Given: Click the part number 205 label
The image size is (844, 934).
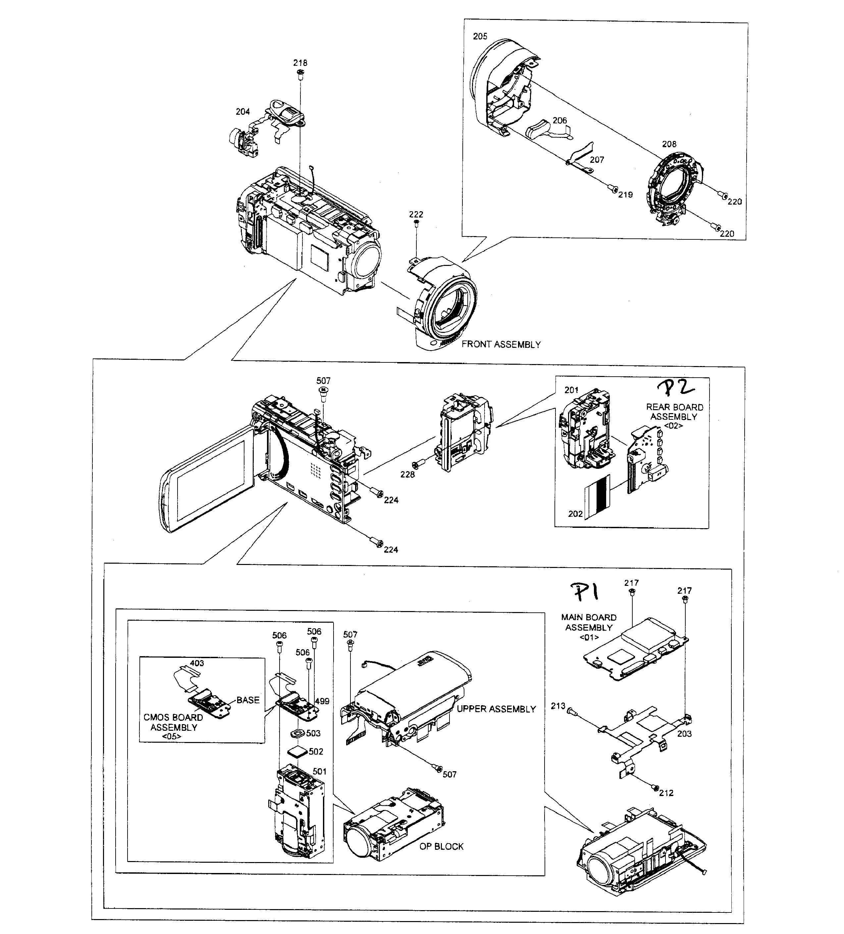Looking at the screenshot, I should pos(480,36).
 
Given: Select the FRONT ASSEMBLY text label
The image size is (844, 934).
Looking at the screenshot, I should pos(501,344).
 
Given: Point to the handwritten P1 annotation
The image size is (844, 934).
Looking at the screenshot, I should pos(585,592).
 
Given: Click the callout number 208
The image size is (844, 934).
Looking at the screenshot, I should pos(668,144).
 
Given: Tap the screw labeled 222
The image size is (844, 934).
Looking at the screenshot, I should pos(416,224).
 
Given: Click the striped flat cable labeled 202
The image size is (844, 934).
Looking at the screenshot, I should pos(598,497).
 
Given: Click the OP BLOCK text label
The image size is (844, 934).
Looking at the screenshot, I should pos(441,846).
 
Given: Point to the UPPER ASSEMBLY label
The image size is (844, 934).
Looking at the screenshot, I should pos(496,709).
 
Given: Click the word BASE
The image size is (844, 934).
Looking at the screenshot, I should pos(248,700).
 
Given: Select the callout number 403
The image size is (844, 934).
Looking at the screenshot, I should pos(197,663).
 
